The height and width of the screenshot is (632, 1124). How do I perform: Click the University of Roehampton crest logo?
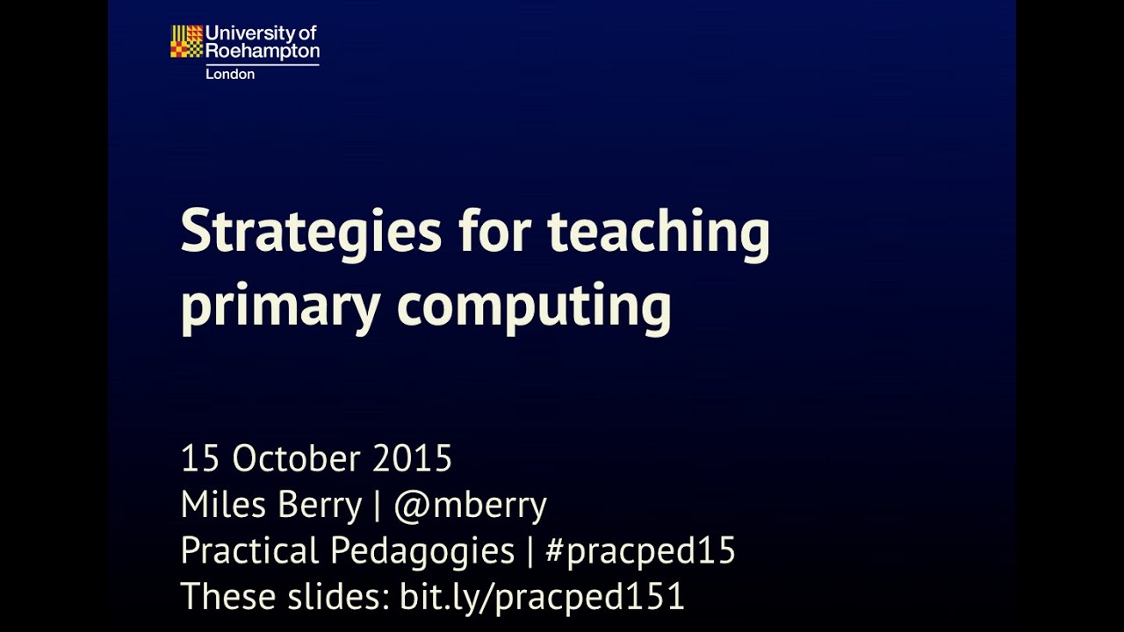click(186, 42)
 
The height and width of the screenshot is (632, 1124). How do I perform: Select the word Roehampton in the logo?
click(262, 52)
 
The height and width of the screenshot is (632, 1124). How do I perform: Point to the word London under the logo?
click(230, 75)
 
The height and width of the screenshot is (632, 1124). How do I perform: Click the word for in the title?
click(495, 232)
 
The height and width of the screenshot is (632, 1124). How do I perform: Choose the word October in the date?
click(297, 459)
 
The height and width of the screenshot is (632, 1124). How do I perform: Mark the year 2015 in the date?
click(412, 459)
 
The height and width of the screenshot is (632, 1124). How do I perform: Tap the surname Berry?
click(320, 506)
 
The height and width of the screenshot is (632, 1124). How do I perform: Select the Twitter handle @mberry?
click(470, 506)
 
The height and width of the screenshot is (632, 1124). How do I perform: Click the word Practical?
click(249, 551)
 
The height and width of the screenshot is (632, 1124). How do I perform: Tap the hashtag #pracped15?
click(640, 551)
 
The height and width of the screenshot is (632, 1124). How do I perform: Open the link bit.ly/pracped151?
click(542, 597)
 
